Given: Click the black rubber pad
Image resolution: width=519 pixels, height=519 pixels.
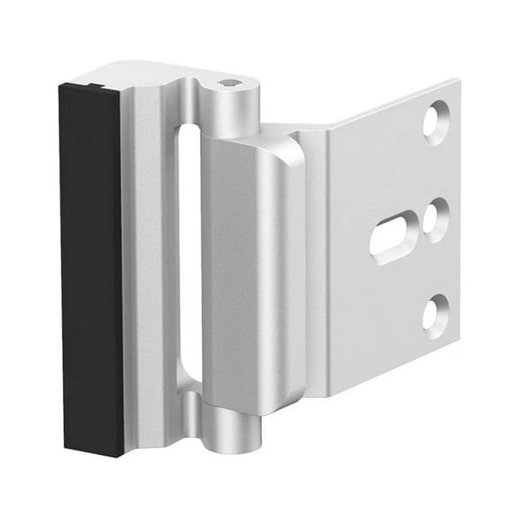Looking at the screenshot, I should (91, 270).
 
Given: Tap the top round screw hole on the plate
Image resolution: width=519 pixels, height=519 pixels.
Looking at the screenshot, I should (436, 121).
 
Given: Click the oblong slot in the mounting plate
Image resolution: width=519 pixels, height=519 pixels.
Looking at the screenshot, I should (395, 236).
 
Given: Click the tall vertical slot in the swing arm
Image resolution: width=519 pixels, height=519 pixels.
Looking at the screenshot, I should (189, 252).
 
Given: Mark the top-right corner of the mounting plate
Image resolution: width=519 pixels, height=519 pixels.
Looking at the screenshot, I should (458, 83).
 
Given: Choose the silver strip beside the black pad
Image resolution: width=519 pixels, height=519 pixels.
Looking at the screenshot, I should (134, 270).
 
